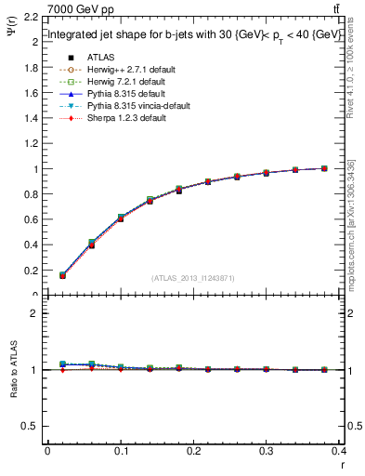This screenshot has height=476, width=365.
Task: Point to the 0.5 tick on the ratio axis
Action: tap(32, 426)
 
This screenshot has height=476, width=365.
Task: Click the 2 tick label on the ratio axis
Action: tap(35, 313)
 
